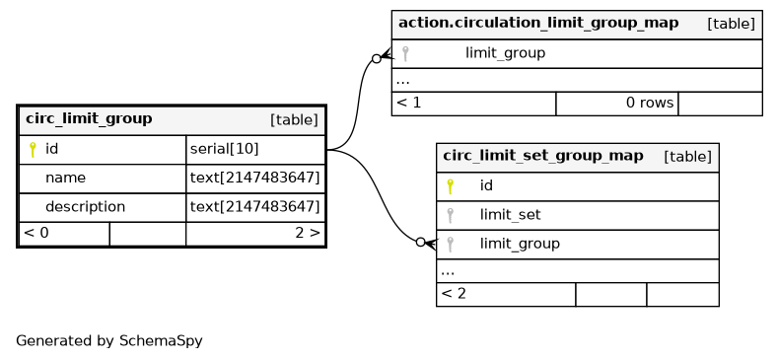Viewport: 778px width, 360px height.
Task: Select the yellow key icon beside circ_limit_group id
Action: (x=33, y=149)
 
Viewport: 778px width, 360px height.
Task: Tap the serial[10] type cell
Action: (x=224, y=149)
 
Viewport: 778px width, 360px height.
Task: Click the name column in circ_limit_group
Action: (x=65, y=178)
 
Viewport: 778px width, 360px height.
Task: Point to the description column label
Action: (x=86, y=206)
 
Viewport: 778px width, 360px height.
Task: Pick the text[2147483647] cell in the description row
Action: (x=255, y=206)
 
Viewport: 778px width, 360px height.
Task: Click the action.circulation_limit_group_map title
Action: (x=538, y=23)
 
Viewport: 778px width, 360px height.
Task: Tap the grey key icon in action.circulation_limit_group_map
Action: (x=405, y=53)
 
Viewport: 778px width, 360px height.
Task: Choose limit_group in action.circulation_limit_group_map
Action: (x=505, y=53)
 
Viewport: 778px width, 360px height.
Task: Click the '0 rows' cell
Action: (x=650, y=103)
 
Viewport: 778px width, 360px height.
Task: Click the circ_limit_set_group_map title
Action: (x=542, y=156)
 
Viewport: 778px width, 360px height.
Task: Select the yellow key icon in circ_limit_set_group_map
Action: (x=450, y=186)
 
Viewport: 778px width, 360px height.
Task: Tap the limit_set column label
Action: (x=510, y=215)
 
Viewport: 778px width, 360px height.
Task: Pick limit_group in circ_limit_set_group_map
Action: (x=520, y=244)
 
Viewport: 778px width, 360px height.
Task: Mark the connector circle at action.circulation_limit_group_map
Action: (x=376, y=59)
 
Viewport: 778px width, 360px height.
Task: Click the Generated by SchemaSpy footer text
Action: (x=109, y=341)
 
